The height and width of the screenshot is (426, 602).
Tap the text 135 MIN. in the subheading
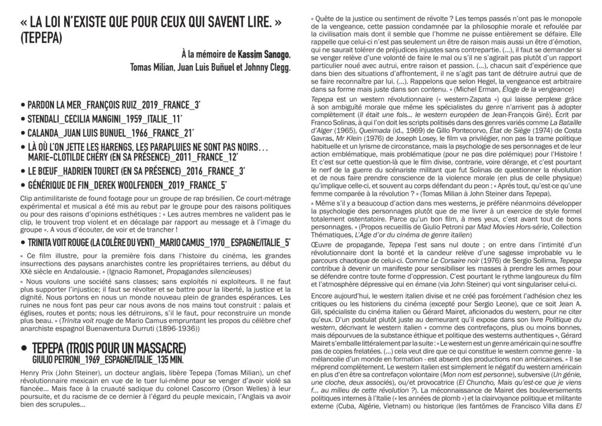[x=168, y=356]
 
